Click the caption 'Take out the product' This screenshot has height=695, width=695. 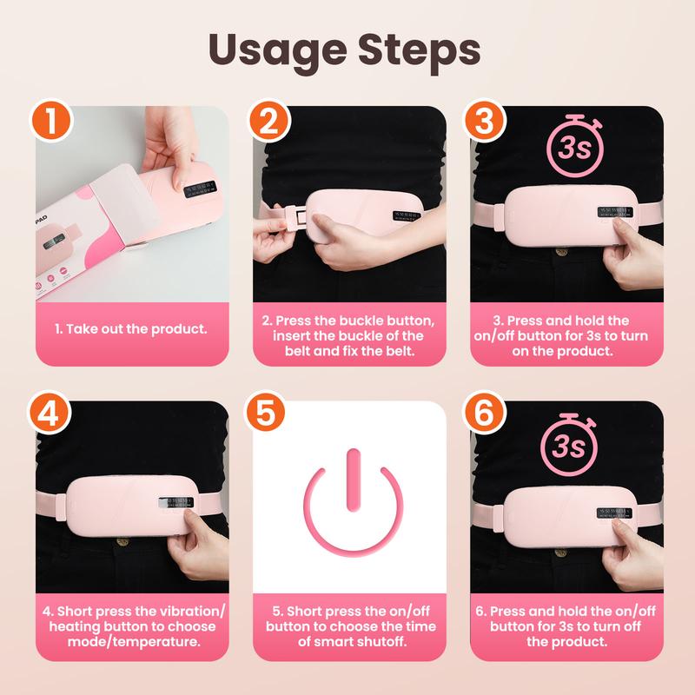pos(130,330)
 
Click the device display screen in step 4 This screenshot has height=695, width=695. pos(170,505)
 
